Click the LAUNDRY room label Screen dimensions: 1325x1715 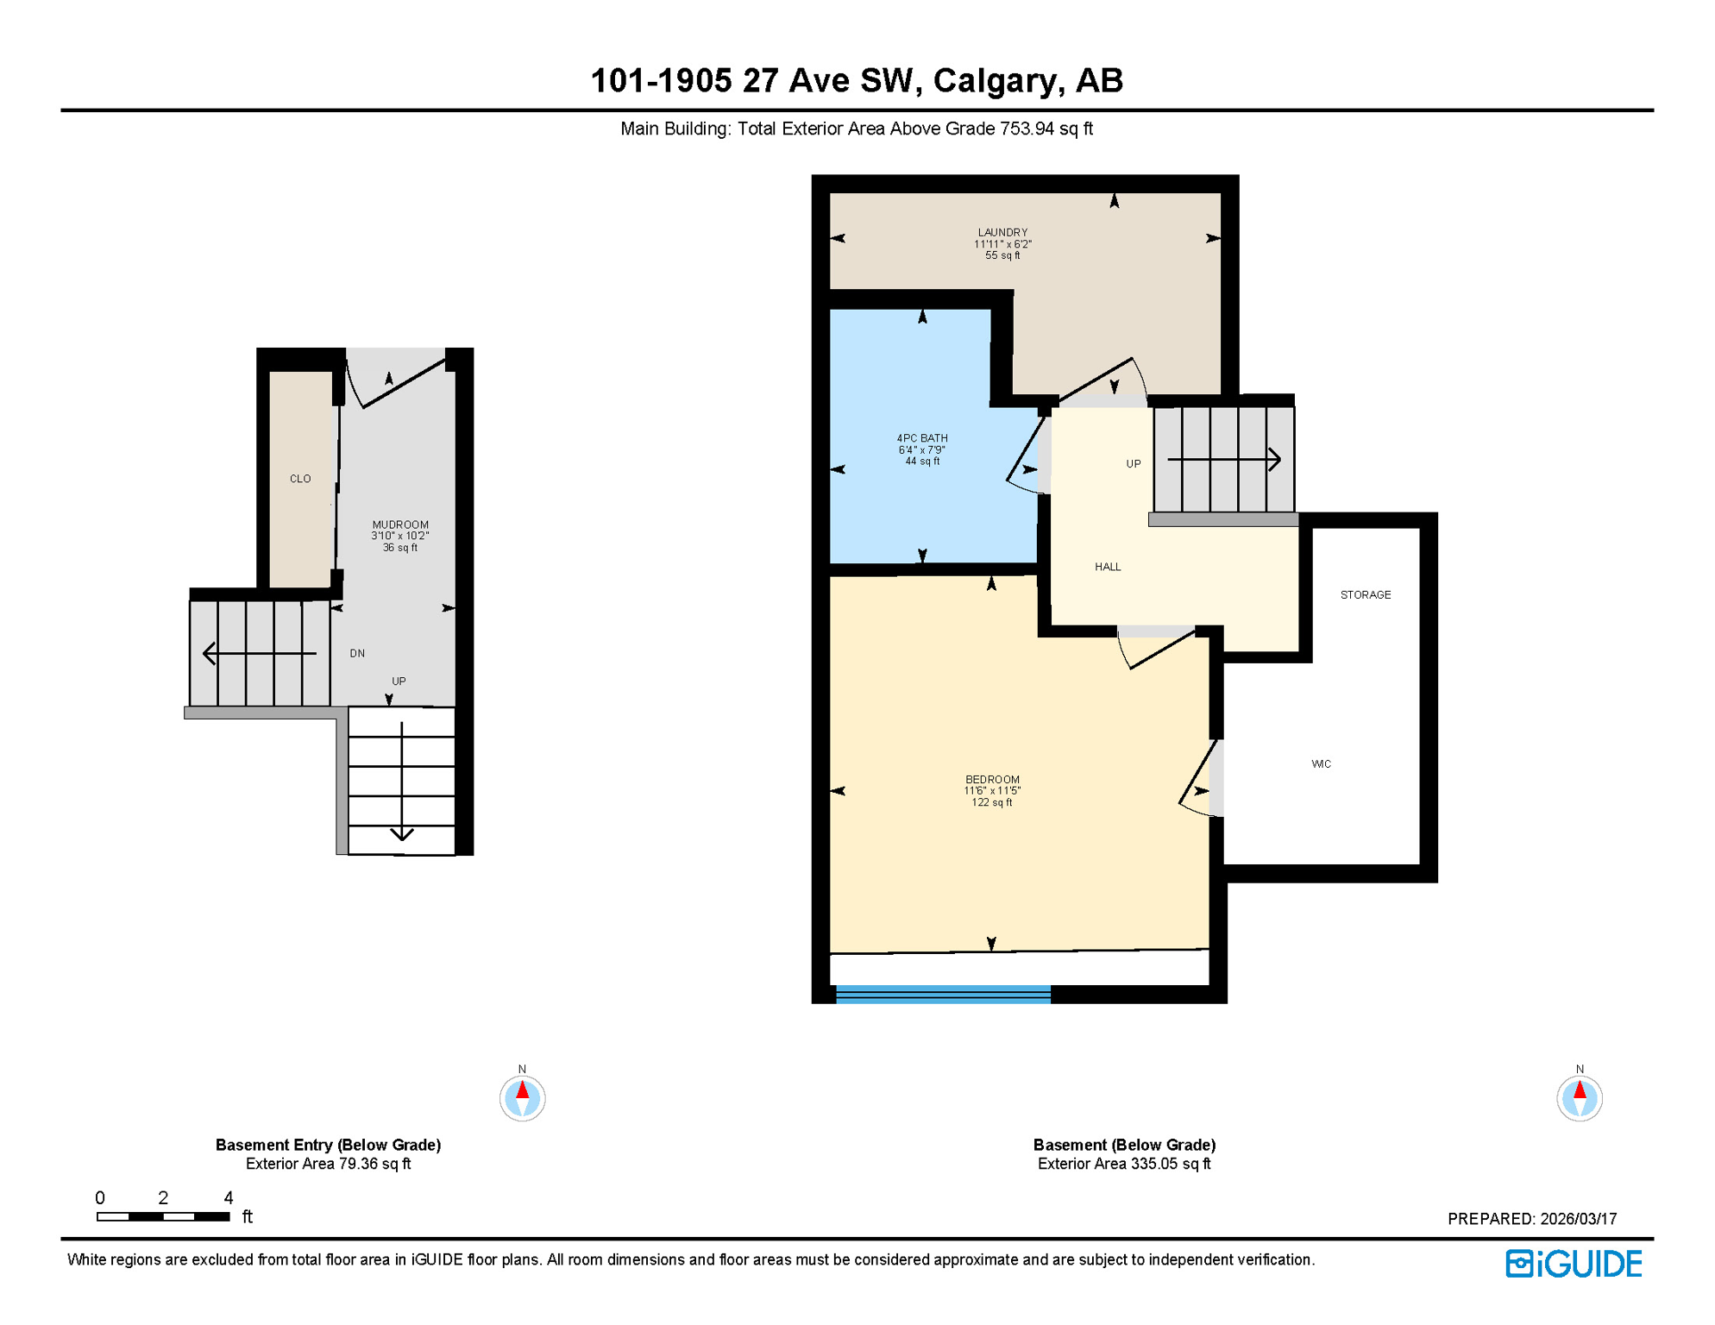click(1002, 233)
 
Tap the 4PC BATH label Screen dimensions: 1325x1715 click(922, 438)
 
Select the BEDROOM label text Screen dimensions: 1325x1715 click(992, 780)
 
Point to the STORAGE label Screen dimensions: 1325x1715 click(1366, 595)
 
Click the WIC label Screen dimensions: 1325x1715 click(1321, 764)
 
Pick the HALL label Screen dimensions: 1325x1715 click(1108, 567)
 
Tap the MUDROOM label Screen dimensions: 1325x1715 click(400, 524)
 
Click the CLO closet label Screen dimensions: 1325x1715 click(300, 479)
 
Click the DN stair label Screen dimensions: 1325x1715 click(357, 654)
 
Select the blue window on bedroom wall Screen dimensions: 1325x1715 click(943, 995)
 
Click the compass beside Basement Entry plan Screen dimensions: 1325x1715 click(522, 1098)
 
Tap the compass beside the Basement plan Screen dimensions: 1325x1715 click(1580, 1098)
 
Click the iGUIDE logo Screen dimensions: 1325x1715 click(1574, 1264)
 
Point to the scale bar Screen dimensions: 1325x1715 click(163, 1216)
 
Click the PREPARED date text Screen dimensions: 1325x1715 click(1532, 1219)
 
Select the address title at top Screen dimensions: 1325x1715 click(857, 80)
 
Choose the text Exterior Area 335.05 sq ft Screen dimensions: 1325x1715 click(1124, 1164)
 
